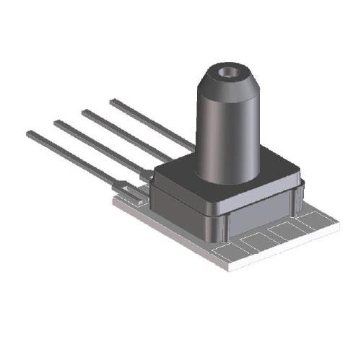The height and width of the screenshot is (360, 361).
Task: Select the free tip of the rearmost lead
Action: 113,102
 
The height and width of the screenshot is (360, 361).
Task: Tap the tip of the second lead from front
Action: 57,122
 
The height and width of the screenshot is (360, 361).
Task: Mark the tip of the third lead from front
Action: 84,112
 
